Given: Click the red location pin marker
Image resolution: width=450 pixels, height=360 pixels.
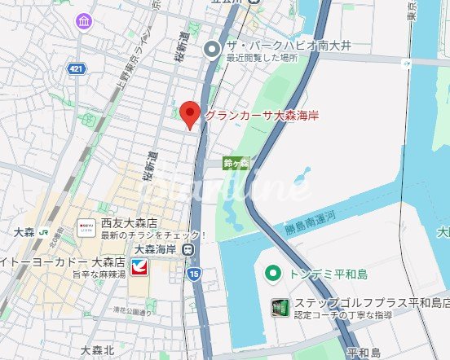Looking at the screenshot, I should click(189, 115).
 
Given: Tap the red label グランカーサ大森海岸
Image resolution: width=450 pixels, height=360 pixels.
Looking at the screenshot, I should click(261, 116).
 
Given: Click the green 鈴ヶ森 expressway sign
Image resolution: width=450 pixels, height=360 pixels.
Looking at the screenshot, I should click(236, 163).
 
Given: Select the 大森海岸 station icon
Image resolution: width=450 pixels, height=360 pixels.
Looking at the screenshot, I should click(188, 249).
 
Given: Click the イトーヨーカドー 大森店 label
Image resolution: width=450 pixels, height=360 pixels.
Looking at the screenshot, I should click(62, 262).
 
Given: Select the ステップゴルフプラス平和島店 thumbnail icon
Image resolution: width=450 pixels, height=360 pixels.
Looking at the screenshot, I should click(280, 308).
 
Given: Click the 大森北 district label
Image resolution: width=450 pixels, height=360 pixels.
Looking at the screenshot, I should click(98, 350).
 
